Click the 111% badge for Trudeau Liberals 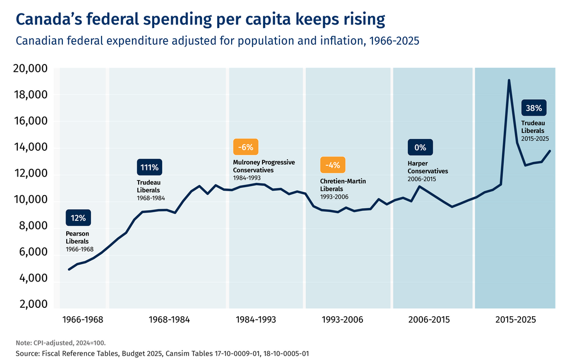(x=149, y=167)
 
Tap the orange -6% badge (x=246, y=147)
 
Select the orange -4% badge (x=333, y=165)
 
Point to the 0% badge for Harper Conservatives (x=420, y=147)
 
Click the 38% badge (x=534, y=108)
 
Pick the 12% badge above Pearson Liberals (x=78, y=218)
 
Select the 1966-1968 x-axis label (x=82, y=320)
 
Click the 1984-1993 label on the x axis (x=256, y=320)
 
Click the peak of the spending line (x=509, y=80)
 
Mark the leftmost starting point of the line (x=69, y=270)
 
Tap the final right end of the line (x=550, y=151)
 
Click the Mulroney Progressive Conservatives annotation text (x=264, y=166)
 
